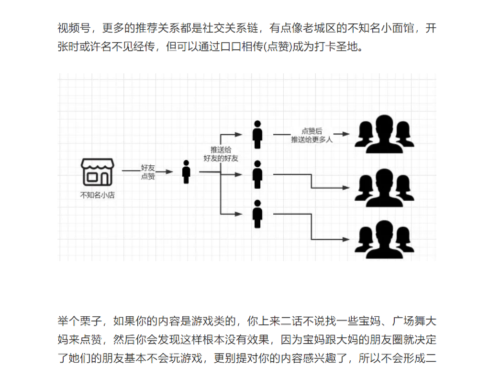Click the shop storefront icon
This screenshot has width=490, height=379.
97,172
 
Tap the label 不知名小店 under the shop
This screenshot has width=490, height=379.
97,195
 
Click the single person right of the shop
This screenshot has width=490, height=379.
186,172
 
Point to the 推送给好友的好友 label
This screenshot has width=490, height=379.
221,154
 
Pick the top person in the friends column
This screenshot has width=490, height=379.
258,135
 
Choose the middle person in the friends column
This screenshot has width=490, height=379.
258,174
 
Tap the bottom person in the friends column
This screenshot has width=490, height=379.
258,214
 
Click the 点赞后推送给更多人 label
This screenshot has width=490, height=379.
312,135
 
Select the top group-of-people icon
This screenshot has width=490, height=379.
384,131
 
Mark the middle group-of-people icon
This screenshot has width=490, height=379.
384,184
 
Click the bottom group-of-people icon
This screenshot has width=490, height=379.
384,236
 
